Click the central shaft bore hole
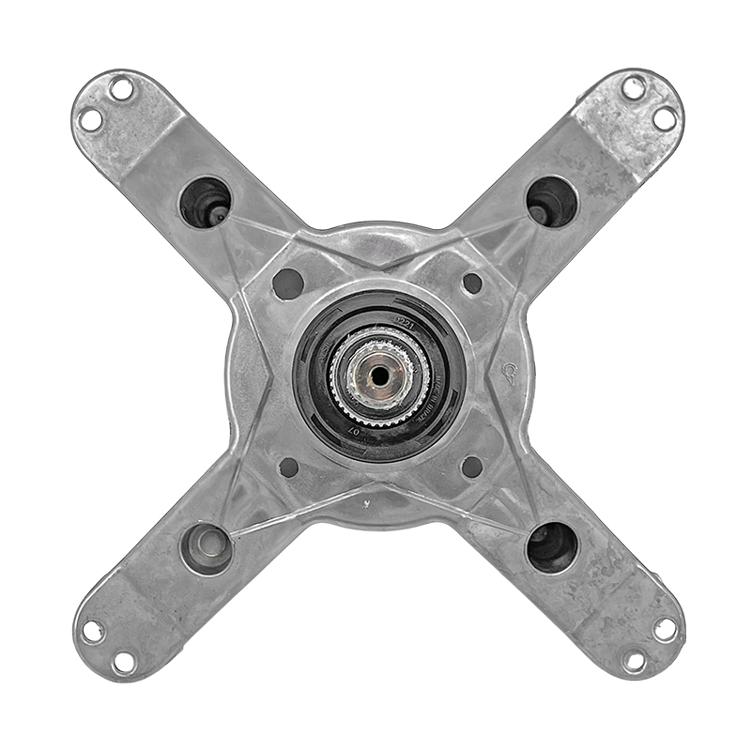pyautogui.click(x=379, y=373)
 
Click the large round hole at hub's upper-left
pyautogui.click(x=287, y=283)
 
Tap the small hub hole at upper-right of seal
pyautogui.click(x=472, y=283)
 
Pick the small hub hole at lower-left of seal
pyautogui.click(x=289, y=467)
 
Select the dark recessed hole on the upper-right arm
pyautogui.click(x=552, y=200)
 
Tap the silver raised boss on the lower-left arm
pyautogui.click(x=206, y=547)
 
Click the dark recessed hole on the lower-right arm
pyautogui.click(x=552, y=547)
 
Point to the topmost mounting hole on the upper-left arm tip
pyautogui.click(x=123, y=89)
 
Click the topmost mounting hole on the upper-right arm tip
pyautogui.click(x=635, y=88)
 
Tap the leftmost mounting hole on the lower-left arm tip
pyautogui.click(x=92, y=632)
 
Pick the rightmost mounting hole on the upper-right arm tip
pyautogui.click(x=664, y=118)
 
